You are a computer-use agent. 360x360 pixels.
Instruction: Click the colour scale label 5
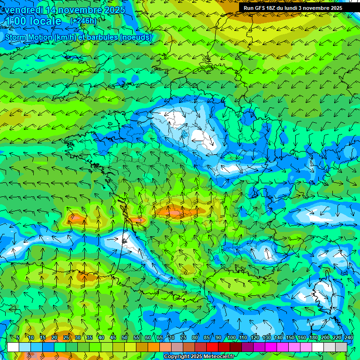tap(18, 337)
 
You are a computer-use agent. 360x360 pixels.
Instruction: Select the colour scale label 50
tap(125, 337)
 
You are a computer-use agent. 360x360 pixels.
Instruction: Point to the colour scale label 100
tap(231, 337)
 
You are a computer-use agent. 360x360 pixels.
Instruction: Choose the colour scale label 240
tap(349, 337)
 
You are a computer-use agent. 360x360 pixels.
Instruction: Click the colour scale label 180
tap(313, 337)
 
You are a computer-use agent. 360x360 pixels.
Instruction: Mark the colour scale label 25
tap(66, 337)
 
